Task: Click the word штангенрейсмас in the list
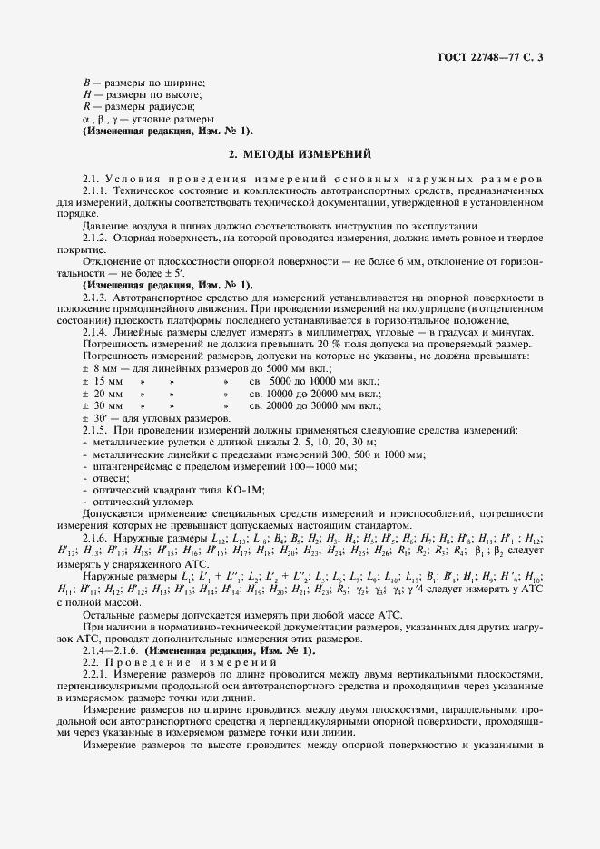[x=122, y=464]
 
